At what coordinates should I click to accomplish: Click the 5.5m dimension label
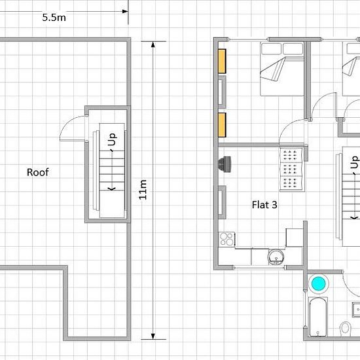54,18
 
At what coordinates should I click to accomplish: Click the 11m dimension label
143,190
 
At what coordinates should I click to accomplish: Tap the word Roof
38,172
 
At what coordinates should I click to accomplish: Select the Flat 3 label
264,205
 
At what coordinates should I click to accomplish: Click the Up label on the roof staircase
113,139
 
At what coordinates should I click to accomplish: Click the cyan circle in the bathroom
319,283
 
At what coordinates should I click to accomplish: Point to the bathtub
318,317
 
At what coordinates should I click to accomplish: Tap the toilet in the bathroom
346,328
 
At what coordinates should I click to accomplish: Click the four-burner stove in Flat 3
226,239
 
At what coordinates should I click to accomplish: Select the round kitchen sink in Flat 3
276,257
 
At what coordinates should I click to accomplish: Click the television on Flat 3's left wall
225,164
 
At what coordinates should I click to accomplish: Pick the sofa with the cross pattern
291,170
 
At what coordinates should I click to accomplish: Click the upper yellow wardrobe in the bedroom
222,61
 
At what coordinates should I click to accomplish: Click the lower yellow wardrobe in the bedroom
222,125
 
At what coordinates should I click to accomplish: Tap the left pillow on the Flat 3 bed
271,48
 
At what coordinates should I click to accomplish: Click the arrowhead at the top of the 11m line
153,45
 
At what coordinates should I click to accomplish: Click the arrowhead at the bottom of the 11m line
153,336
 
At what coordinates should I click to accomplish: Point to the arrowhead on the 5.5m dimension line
125,11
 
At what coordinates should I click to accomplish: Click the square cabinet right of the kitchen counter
295,238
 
